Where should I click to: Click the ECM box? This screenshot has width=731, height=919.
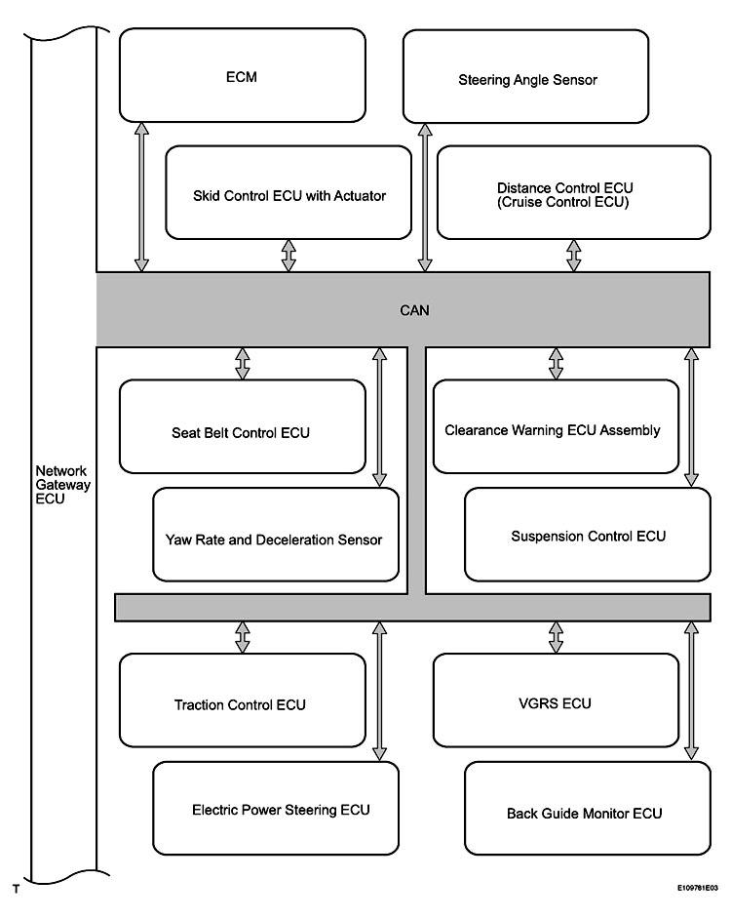pos(243,75)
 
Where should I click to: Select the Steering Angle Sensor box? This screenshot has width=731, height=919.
pos(526,76)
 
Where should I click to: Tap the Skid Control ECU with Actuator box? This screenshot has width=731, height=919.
pos(289,193)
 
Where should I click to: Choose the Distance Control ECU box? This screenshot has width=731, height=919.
pos(574,193)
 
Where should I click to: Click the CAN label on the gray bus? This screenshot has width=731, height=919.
pos(414,310)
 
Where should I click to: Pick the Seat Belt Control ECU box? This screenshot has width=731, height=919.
pos(243,426)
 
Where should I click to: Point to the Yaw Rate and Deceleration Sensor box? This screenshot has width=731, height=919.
pos(276,535)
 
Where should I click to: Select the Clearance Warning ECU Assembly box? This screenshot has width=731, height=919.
pos(557,426)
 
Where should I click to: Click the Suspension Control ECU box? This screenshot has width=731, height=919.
pos(588,535)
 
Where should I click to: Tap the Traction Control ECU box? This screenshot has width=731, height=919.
pos(243,700)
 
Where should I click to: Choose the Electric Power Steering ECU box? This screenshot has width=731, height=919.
pos(276,808)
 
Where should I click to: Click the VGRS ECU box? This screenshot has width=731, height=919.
pos(557,700)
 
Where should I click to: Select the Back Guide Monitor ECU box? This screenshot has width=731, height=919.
pos(588,808)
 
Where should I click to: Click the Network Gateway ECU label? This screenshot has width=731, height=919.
pos(62,485)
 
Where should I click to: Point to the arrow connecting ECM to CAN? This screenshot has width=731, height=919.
pos(141,197)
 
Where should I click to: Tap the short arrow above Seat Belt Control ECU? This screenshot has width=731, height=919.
pos(243,363)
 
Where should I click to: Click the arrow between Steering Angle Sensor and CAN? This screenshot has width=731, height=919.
pos(425,197)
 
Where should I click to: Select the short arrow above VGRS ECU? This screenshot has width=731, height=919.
pos(557,637)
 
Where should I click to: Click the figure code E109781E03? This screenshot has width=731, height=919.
pos(698,888)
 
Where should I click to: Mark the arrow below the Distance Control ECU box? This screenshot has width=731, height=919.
pos(574,256)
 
